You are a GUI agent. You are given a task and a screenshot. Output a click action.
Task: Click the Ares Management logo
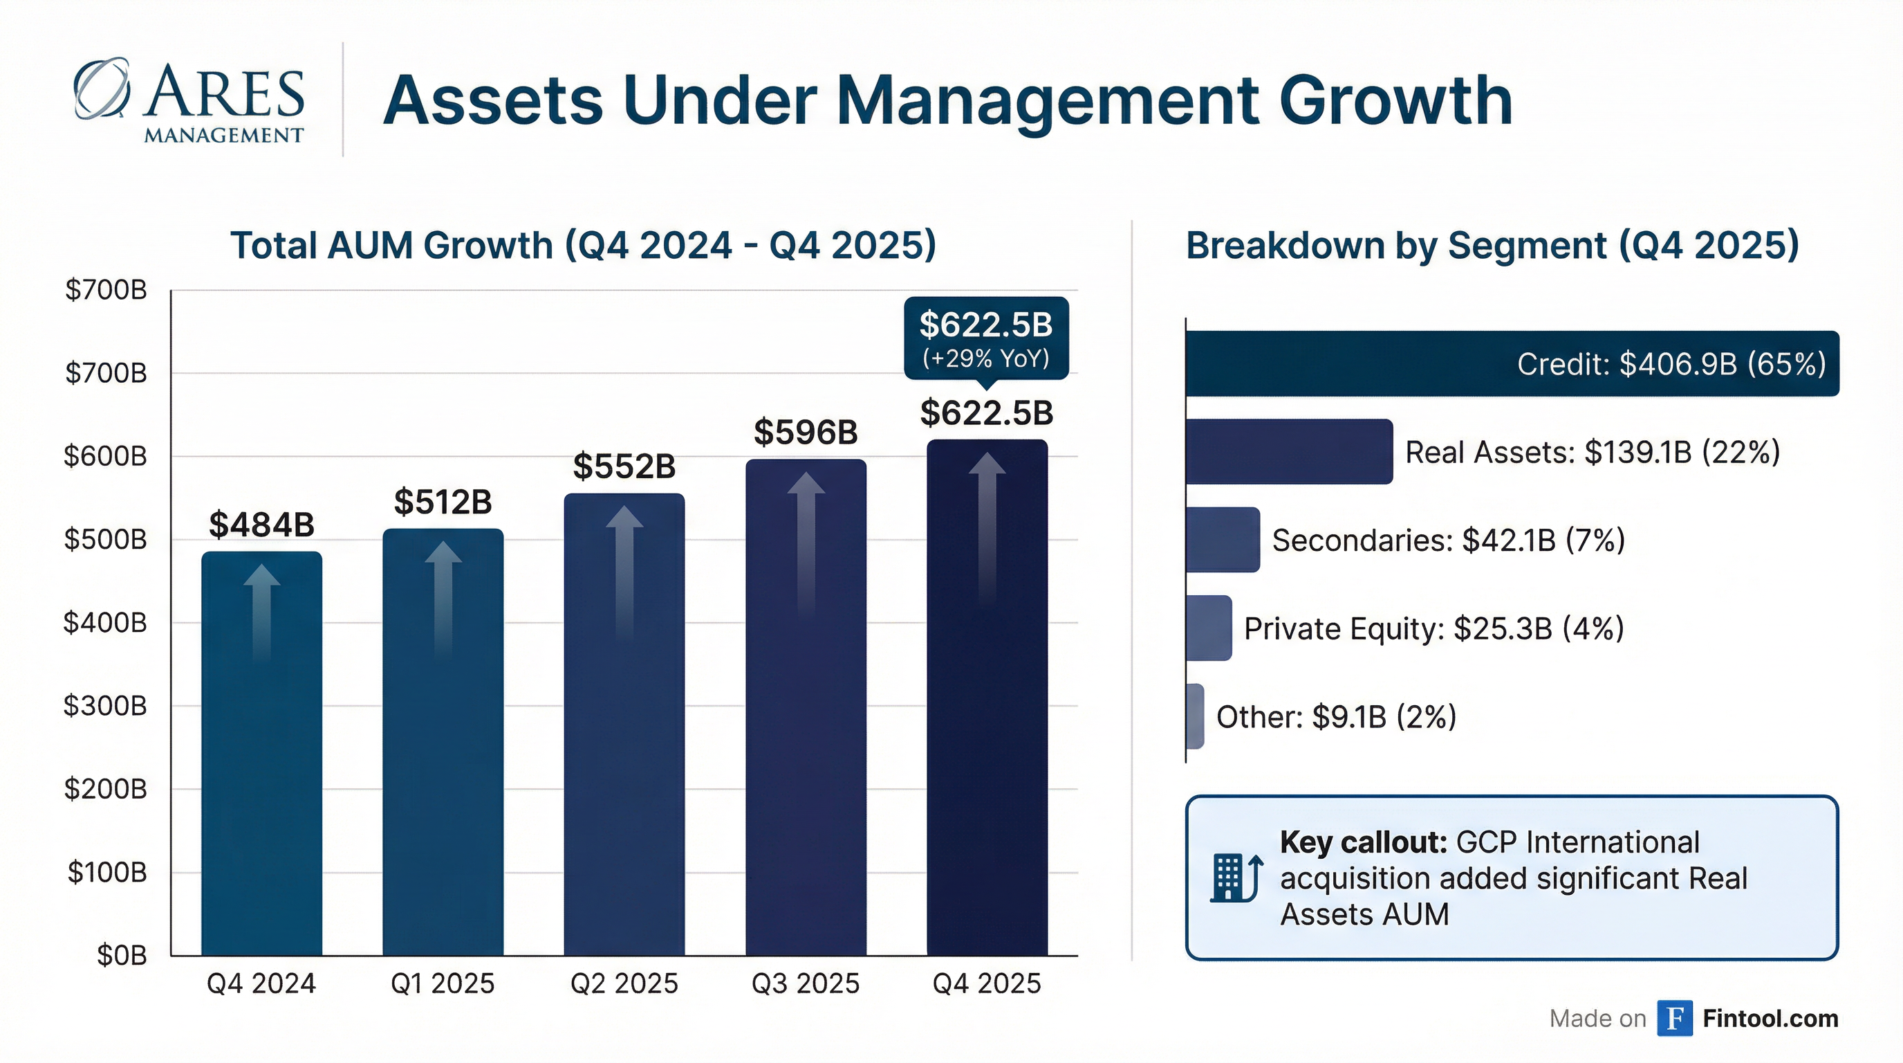(189, 100)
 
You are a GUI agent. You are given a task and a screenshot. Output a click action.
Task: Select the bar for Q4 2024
(261, 754)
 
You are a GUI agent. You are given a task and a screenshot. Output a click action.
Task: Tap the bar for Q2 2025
(624, 725)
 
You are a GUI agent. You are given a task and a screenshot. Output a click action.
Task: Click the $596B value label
(805, 433)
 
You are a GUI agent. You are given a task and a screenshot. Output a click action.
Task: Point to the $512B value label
(443, 502)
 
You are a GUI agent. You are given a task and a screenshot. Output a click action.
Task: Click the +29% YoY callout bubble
(986, 338)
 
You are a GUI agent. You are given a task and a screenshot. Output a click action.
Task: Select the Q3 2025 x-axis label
(805, 984)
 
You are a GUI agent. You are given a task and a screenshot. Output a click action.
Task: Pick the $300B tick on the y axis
(105, 706)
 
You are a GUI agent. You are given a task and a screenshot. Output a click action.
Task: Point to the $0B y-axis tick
(121, 956)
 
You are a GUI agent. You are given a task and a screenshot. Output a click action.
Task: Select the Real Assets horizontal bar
(1289, 452)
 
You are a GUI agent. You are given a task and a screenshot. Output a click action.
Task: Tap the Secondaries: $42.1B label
(1448, 540)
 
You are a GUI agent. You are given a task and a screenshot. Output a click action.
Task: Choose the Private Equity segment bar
(1209, 628)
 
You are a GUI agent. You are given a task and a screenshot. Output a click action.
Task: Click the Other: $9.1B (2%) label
(1336, 716)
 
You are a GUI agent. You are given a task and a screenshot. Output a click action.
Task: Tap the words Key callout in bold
(1363, 843)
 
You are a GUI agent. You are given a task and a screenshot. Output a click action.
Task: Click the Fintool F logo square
(1674, 1019)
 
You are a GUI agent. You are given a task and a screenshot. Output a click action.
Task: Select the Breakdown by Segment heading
(1492, 246)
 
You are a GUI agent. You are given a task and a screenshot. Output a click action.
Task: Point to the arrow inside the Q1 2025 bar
(443, 599)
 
